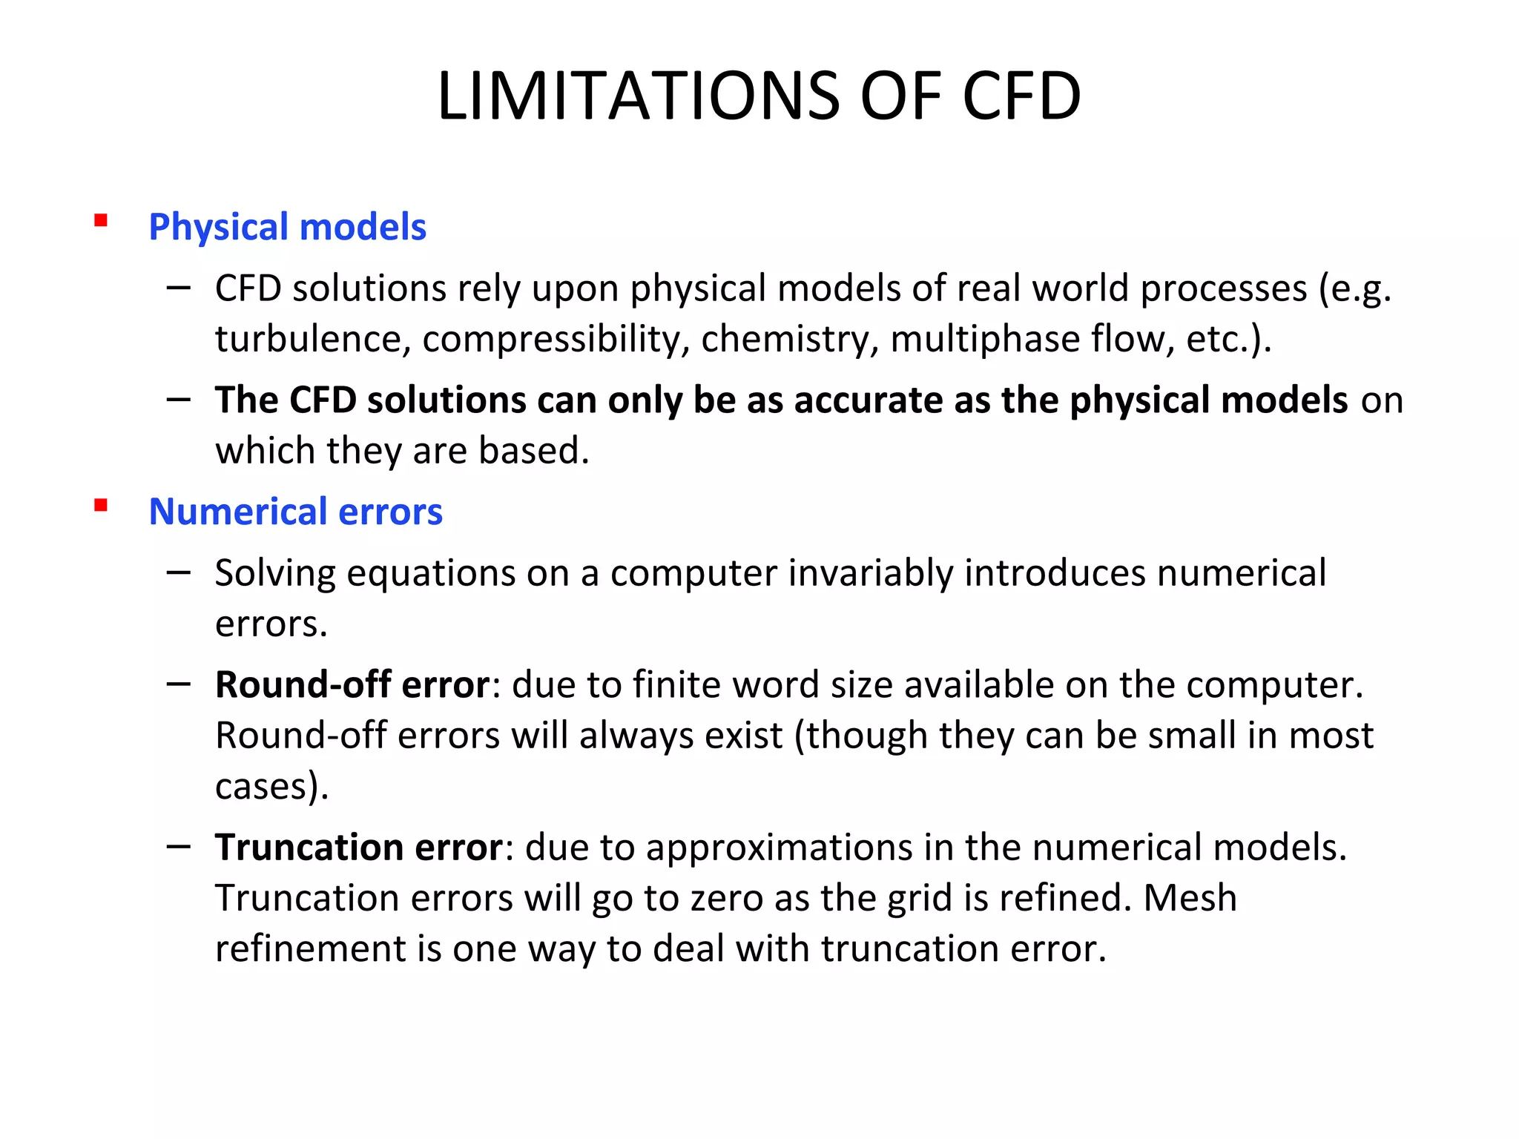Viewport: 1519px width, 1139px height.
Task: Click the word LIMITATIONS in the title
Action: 639,96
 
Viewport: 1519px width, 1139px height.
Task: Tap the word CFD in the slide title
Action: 1021,96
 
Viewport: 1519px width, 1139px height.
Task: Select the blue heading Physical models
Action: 287,227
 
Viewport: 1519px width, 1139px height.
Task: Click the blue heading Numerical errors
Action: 295,512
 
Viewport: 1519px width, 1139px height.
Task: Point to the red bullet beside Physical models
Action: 101,221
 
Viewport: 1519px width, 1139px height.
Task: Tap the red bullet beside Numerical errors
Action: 101,506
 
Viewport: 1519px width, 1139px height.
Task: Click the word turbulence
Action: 312,339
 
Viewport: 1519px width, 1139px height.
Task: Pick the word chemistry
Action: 789,339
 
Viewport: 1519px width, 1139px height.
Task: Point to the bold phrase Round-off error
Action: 352,684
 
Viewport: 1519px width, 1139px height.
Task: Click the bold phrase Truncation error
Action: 359,847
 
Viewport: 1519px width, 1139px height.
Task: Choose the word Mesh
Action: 1190,898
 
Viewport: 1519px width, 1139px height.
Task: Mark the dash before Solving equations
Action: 179,572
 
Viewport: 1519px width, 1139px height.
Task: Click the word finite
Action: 676,684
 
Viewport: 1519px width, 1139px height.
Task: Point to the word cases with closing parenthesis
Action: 271,786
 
